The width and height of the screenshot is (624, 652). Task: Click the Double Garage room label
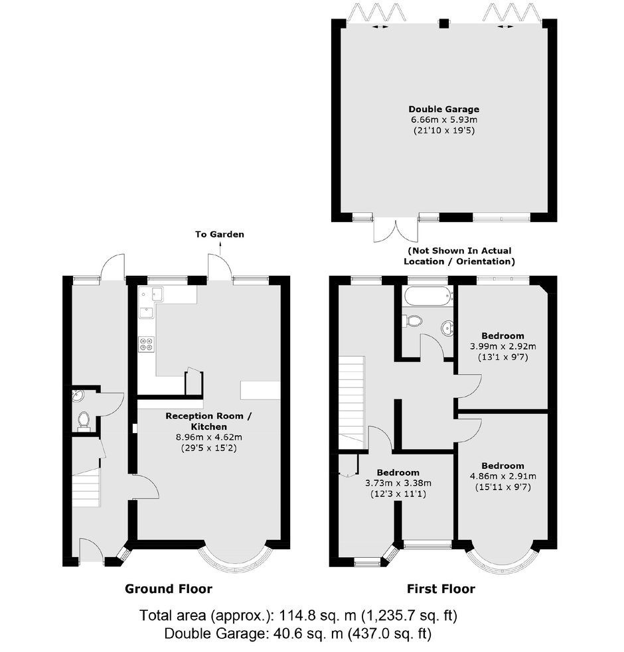point(443,109)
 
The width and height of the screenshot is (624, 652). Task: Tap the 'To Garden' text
point(220,235)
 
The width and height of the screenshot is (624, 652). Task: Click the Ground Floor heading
point(169,589)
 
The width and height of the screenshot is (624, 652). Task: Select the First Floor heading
point(441,589)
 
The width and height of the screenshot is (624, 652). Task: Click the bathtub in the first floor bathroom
point(428,296)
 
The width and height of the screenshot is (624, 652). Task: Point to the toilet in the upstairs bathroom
point(412,320)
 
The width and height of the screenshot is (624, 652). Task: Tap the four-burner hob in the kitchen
point(146,344)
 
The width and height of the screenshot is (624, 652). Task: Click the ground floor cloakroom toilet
point(84,420)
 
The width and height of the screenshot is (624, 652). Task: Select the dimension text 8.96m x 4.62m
point(209,438)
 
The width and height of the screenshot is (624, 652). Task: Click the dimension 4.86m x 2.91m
point(503,476)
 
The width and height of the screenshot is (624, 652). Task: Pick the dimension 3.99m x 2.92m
point(503,346)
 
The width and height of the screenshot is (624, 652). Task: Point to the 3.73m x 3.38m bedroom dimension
point(398,483)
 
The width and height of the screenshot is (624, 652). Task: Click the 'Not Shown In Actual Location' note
point(459,256)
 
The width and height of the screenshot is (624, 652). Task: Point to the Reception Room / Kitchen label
point(209,421)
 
